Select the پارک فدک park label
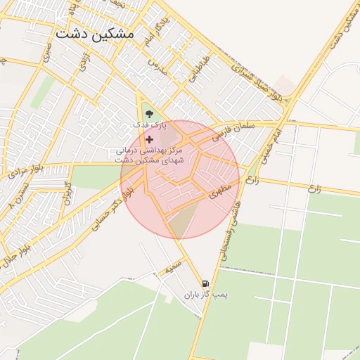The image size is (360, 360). (x=149, y=124)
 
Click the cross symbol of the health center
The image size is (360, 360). (x=149, y=139)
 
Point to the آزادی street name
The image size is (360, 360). (x=85, y=63)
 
